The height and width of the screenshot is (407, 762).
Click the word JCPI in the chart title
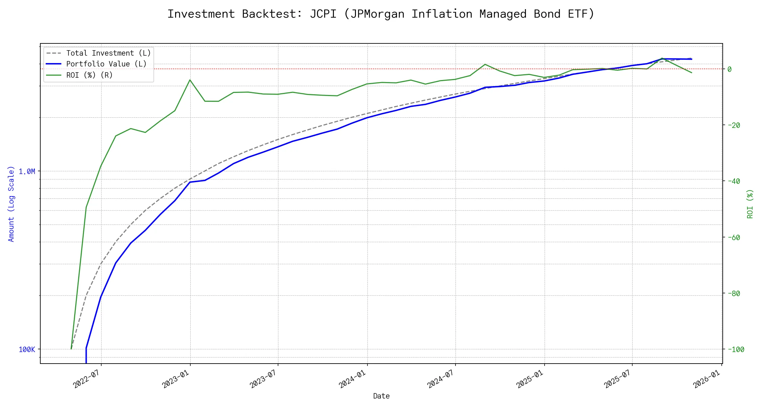[x=323, y=14]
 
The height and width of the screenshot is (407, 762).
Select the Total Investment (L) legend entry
[x=108, y=53]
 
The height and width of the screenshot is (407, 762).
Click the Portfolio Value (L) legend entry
[x=106, y=64]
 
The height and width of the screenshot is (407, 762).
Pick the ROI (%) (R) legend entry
[x=89, y=75]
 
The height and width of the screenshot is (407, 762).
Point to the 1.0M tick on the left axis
[x=27, y=172]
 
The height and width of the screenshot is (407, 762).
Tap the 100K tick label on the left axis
[x=27, y=350]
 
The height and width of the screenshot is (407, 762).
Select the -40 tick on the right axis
[x=734, y=181]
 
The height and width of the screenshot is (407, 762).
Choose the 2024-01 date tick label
[x=353, y=379]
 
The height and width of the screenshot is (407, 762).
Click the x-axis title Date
[x=381, y=396]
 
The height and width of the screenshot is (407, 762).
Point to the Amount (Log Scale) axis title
[x=11, y=204]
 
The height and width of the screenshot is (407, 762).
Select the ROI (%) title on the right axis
[x=750, y=204]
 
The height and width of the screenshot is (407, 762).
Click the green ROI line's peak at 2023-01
[x=190, y=80]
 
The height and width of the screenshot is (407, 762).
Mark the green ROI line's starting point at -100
[x=71, y=349]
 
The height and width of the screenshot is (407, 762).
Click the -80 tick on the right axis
[x=734, y=293]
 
